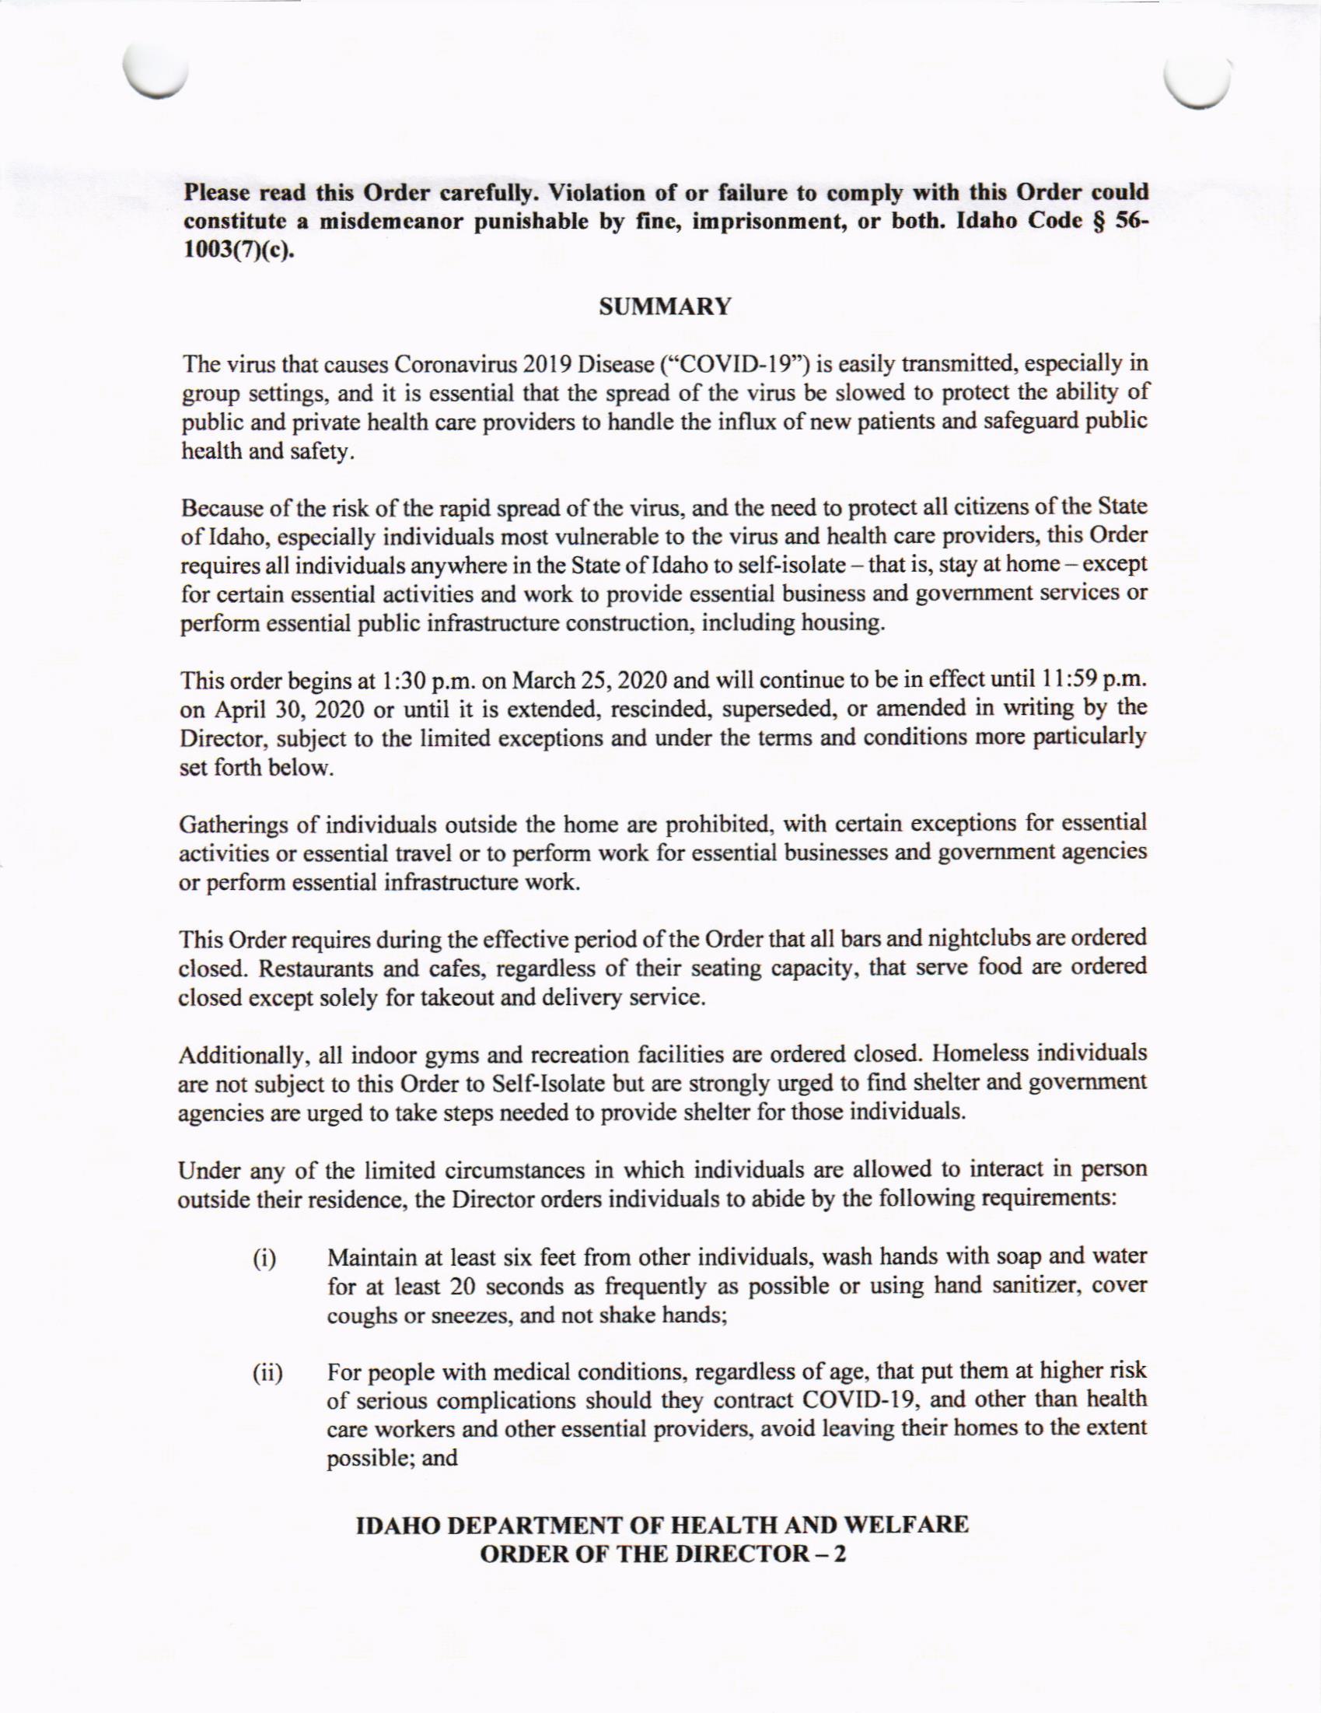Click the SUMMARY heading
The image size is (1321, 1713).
pyautogui.click(x=664, y=307)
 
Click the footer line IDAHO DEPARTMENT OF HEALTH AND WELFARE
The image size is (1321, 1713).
pyautogui.click(x=662, y=1526)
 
